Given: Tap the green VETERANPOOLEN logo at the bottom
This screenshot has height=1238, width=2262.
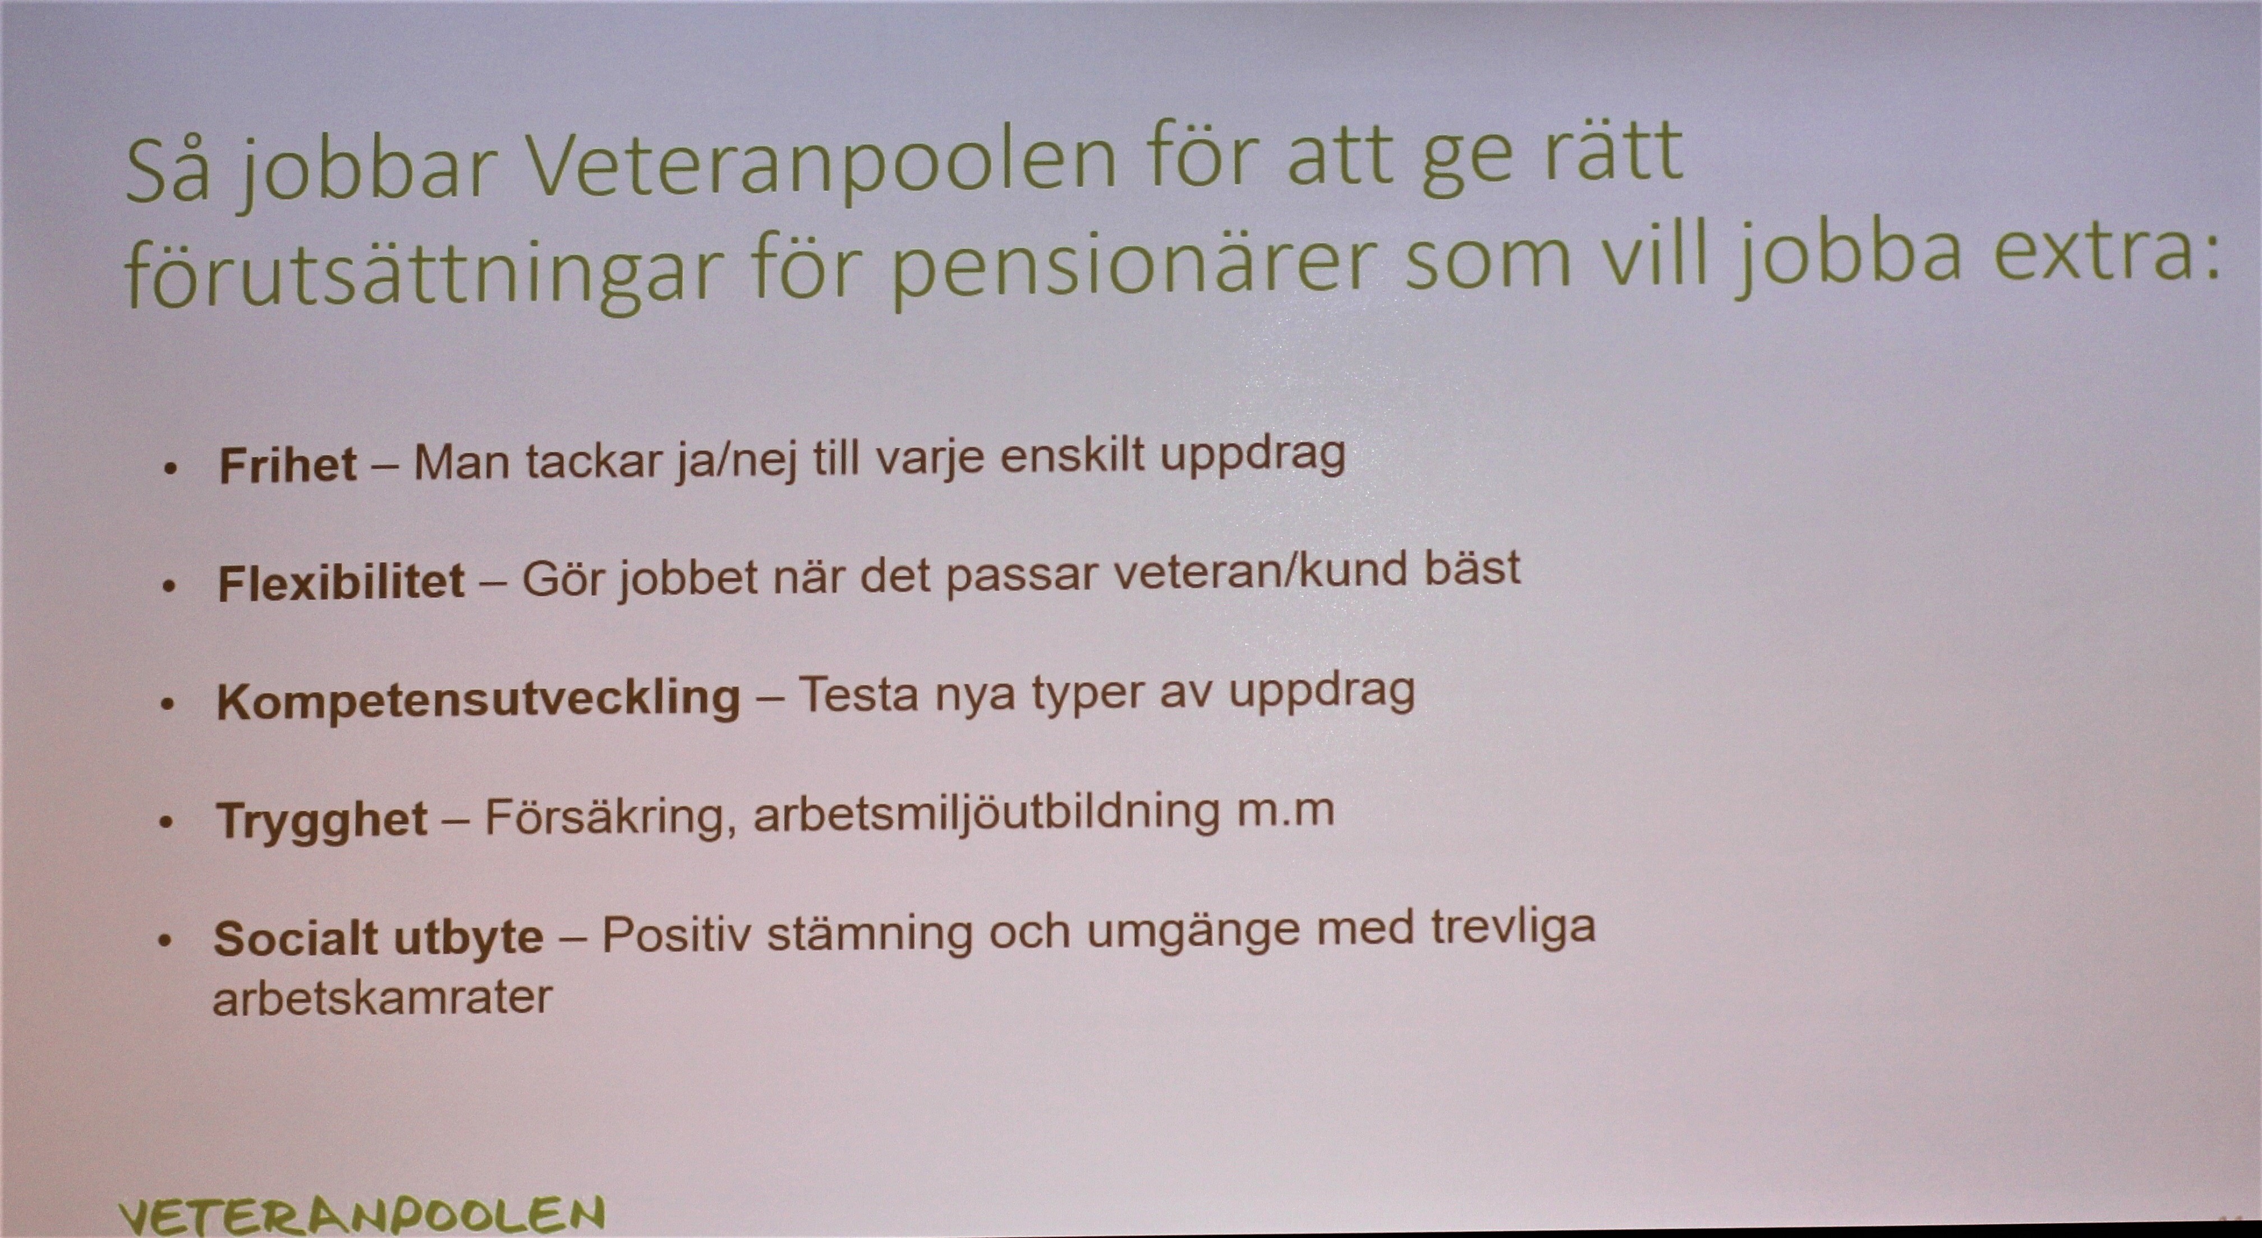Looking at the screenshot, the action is point(362,1215).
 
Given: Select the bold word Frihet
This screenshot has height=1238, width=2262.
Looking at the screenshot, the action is point(288,464).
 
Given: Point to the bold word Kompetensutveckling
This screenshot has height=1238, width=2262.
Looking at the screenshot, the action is point(479,700).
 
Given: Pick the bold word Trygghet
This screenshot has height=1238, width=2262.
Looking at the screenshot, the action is point(322,821).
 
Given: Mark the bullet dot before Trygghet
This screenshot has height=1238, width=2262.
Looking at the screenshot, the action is point(167,823).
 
